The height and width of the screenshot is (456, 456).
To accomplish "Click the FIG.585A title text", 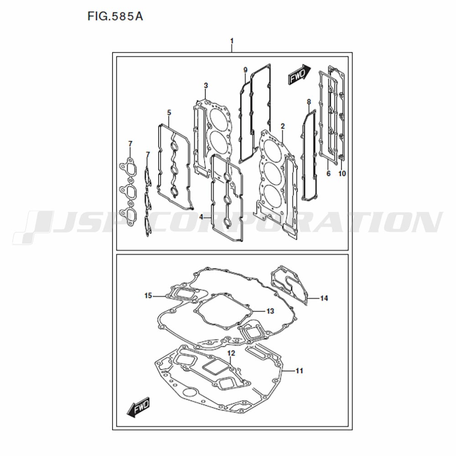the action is (x=115, y=16).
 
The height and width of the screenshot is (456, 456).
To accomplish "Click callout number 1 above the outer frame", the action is (x=232, y=41).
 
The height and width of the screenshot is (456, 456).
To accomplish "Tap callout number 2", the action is (x=283, y=126).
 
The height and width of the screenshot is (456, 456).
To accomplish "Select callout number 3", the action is (x=206, y=86).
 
